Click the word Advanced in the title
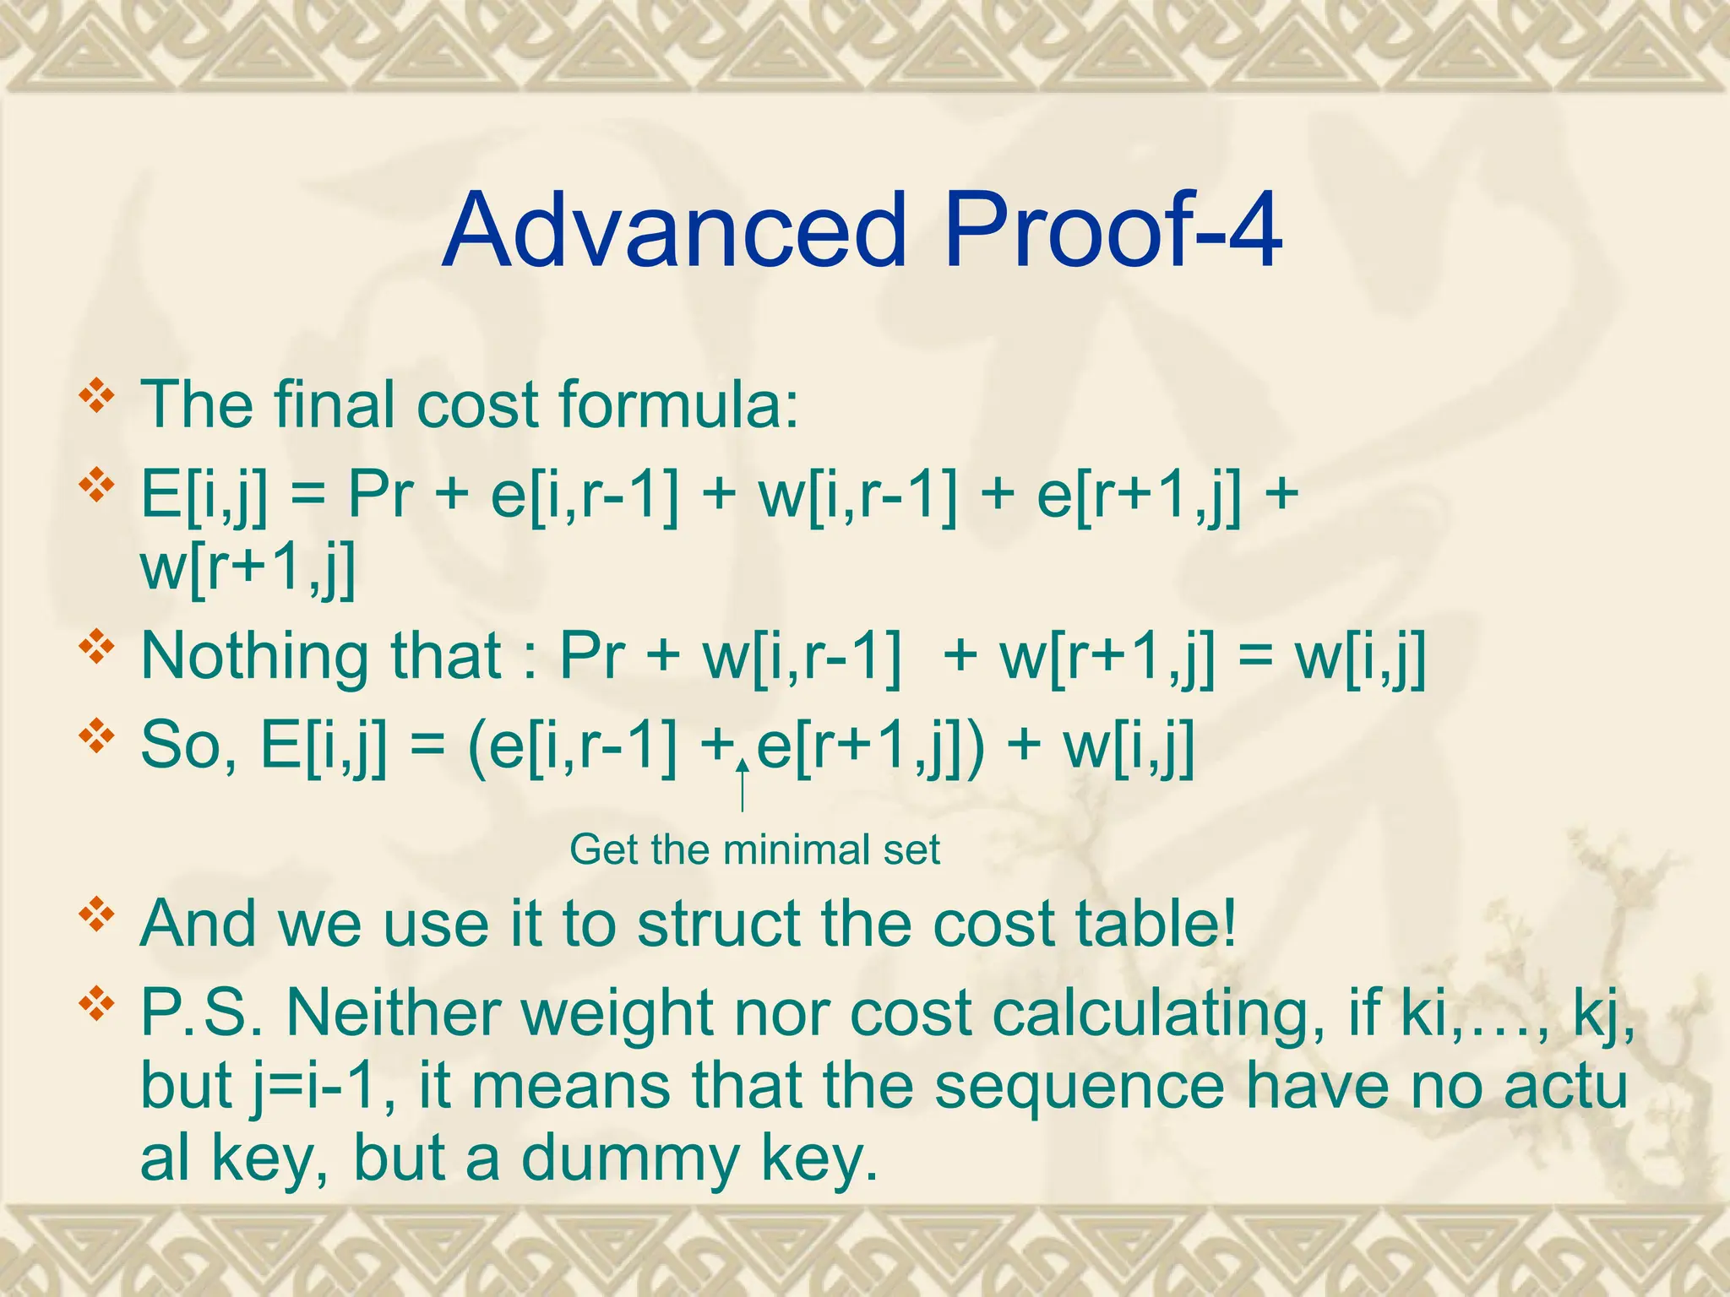[673, 230]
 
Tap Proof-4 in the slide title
[1113, 230]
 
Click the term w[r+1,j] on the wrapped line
[248, 567]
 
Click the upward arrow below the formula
[742, 785]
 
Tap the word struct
[719, 924]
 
